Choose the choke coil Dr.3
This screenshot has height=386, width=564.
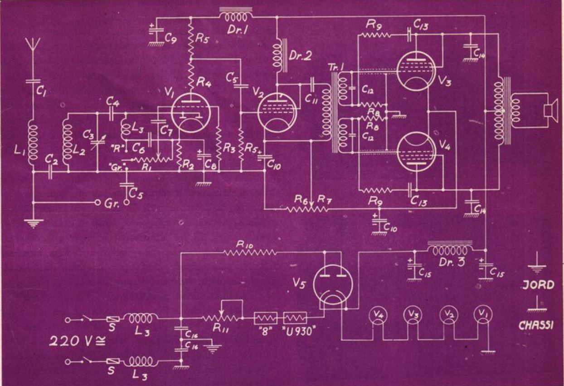pos(450,251)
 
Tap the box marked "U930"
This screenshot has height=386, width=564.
pos(295,318)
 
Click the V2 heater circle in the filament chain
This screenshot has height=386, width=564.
pos(448,314)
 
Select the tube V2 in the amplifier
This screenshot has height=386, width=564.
pos(277,111)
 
